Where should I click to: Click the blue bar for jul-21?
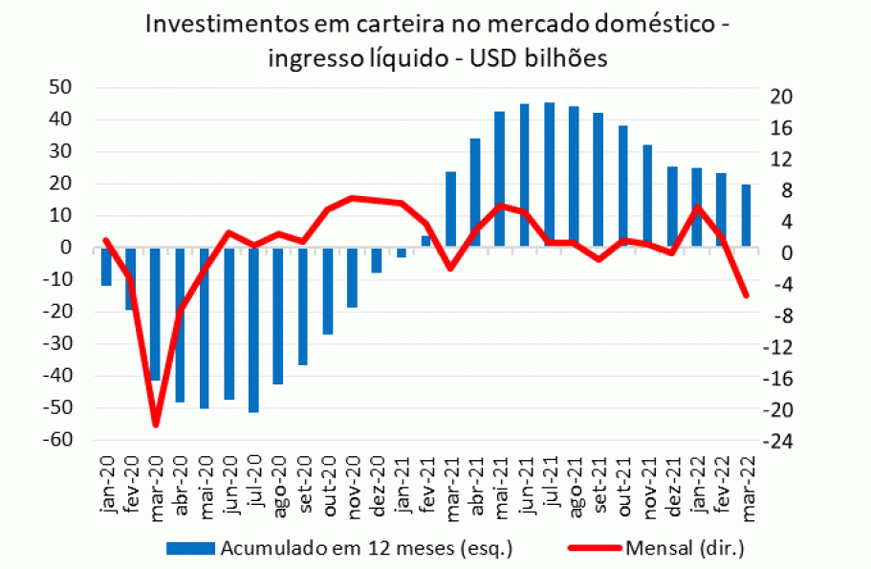pos(549,175)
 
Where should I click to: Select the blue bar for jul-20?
pos(253,330)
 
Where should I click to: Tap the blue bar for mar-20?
pos(155,314)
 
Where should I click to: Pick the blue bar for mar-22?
pos(746,216)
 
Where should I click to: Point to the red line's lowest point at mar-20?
pos(155,425)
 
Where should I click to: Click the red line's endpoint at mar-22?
pos(746,295)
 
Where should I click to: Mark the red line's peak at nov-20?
pos(352,198)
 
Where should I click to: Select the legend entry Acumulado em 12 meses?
pos(339,548)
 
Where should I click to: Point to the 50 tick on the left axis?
pos(61,87)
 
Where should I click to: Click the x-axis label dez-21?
pos(673,488)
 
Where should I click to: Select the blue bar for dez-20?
pos(377,260)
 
